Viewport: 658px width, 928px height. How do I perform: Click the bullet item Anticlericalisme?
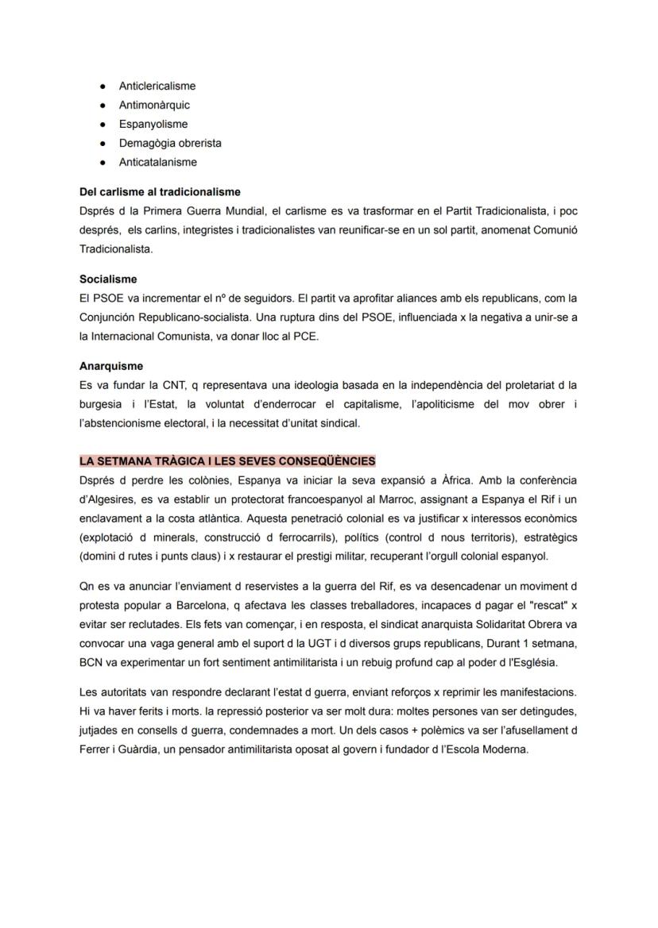pyautogui.click(x=157, y=86)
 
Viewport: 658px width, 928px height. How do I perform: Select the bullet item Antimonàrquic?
pyautogui.click(x=154, y=105)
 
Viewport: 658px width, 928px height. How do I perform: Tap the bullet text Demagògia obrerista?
pyautogui.click(x=170, y=143)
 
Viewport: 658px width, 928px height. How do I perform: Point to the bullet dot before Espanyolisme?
pyautogui.click(x=103, y=124)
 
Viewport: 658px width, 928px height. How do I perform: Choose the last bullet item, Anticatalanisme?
pyautogui.click(x=157, y=162)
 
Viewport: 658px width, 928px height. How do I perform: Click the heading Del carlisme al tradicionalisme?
pyautogui.click(x=160, y=192)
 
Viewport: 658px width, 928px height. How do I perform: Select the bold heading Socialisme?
pyautogui.click(x=108, y=279)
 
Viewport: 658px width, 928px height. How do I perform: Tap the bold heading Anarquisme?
pyautogui.click(x=111, y=367)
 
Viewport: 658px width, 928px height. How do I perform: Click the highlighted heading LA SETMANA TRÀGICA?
pyautogui.click(x=227, y=461)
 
